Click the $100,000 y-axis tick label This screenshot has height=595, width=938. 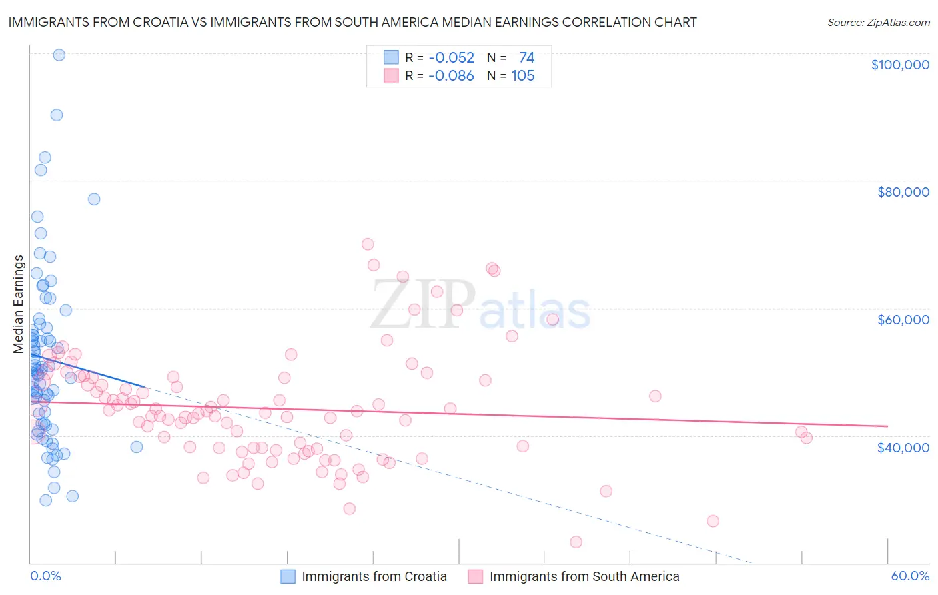point(899,65)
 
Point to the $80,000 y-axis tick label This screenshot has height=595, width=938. point(903,192)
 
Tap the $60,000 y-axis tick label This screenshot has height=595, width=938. point(903,320)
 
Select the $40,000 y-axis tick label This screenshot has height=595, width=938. point(903,447)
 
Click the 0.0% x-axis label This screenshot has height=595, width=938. point(45,576)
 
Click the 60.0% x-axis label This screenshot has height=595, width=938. point(909,576)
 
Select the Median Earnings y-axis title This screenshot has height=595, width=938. point(19,304)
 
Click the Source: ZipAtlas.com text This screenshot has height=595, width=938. point(878,22)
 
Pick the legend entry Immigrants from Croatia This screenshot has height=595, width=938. point(374,576)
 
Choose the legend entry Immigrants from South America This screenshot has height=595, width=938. point(584,576)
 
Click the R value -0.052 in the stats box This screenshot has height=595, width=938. point(451,57)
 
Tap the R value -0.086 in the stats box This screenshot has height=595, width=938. point(451,75)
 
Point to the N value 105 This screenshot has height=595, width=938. point(523,75)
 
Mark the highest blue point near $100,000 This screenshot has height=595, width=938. point(59,55)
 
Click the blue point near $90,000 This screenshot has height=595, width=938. point(57,115)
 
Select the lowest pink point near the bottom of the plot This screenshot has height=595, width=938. point(576,542)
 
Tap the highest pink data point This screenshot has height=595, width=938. point(368,244)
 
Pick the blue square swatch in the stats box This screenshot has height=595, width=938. point(391,57)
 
